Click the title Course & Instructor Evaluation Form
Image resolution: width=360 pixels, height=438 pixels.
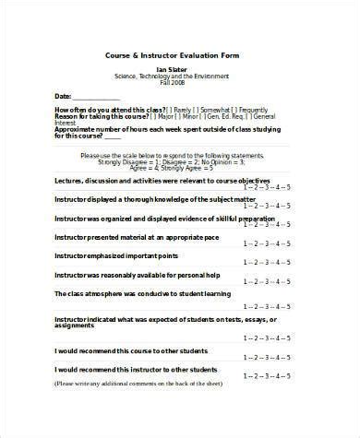click(180, 56)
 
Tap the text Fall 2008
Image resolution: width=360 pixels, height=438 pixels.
click(180, 85)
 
